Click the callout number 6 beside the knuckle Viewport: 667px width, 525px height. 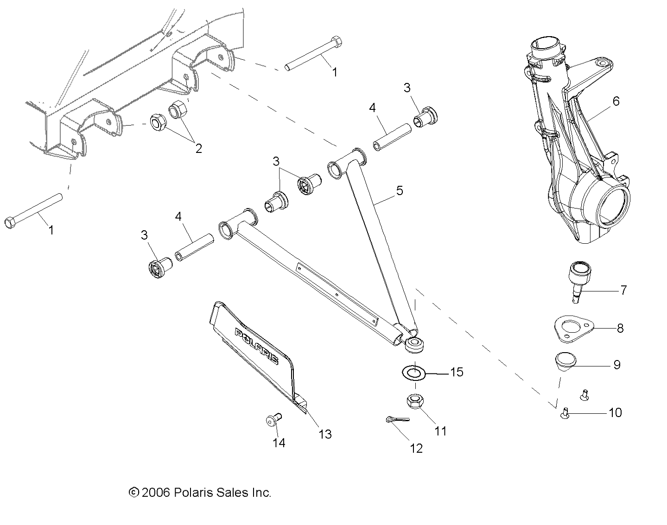616,101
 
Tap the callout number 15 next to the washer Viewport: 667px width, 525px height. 456,372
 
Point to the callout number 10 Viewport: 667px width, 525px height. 615,412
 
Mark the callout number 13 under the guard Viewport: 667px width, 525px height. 325,434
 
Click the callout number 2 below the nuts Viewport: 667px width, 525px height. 198,148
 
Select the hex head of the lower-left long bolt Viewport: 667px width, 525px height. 11,222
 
